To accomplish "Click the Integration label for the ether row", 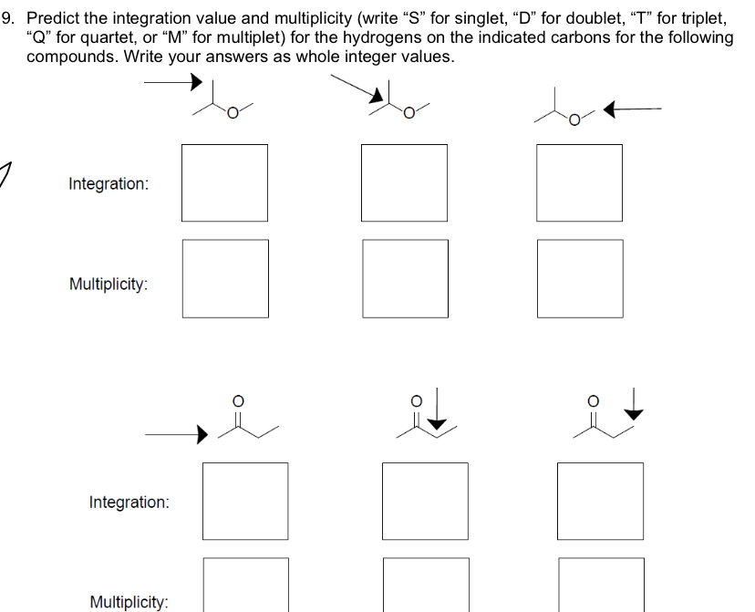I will pyautogui.click(x=108, y=183).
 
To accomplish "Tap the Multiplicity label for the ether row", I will pyautogui.click(x=109, y=284).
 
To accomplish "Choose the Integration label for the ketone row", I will pyautogui.click(x=129, y=502).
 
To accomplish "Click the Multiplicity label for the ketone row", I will pyautogui.click(x=129, y=601).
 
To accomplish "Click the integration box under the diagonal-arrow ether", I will pyautogui.click(x=404, y=182).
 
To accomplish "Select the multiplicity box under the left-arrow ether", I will pyautogui.click(x=580, y=278).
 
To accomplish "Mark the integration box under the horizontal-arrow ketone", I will pyautogui.click(x=245, y=501).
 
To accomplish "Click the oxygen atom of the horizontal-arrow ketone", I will pyautogui.click(x=237, y=400).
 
